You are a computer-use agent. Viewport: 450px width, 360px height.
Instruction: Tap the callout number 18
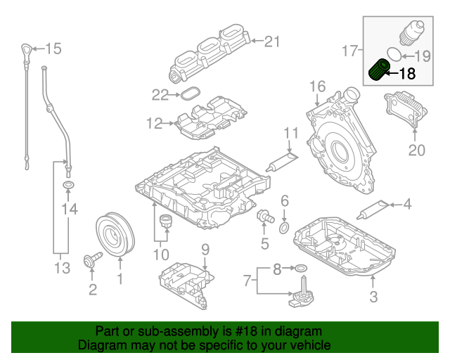(x=407, y=72)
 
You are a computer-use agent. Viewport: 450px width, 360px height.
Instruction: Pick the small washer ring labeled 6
(x=284, y=228)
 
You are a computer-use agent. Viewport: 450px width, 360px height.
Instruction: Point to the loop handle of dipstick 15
(x=25, y=50)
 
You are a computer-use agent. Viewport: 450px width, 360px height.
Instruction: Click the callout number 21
(x=271, y=41)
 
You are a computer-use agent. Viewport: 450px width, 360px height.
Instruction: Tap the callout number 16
(x=317, y=86)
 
